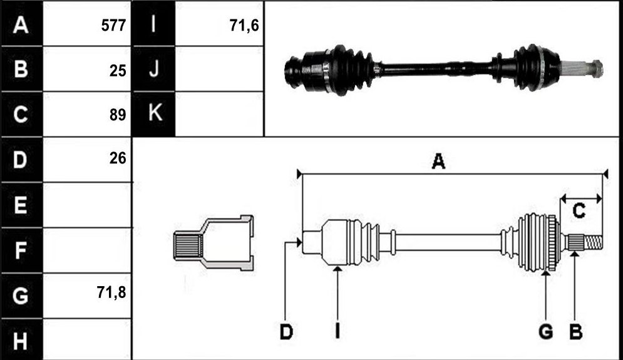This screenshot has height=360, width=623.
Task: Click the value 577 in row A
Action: point(113,26)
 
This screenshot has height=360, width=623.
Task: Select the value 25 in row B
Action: point(118,71)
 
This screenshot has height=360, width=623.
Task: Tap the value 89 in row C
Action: point(118,115)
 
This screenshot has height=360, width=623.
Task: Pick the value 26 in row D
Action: point(118,158)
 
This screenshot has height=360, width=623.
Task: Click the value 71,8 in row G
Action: point(111,292)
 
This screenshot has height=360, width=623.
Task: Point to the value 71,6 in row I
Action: point(244,26)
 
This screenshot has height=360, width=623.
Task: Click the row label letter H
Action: point(20,341)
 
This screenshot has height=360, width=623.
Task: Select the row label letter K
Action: point(155,112)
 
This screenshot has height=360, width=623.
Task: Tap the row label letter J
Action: point(154,68)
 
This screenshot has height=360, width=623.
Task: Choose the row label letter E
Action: point(20,205)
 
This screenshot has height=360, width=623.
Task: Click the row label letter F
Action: point(20,250)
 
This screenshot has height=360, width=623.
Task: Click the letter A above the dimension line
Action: point(438,162)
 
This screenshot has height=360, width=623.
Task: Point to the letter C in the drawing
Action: point(579,210)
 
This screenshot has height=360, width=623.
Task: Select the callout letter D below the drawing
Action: point(286,332)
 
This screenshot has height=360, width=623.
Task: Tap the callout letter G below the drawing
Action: point(546,332)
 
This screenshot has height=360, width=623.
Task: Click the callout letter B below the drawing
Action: point(575,332)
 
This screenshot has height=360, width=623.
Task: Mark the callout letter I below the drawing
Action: point(337,332)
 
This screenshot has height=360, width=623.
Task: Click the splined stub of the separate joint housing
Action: point(187,246)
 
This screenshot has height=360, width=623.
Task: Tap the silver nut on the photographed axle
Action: point(597,68)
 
